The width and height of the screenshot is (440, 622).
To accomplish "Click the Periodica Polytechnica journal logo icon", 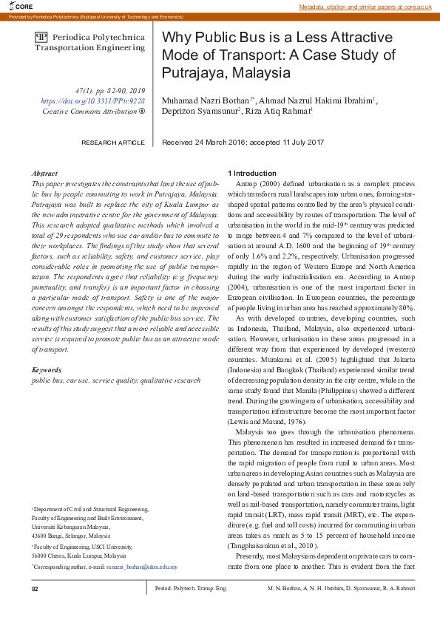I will (x=41, y=36).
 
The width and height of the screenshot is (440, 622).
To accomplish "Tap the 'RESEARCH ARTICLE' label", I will (x=113, y=142).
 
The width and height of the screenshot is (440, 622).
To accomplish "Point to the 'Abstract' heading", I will (x=45, y=172).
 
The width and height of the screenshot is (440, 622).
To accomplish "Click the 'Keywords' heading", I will (x=47, y=369).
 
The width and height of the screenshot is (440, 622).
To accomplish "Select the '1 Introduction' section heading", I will (x=252, y=172).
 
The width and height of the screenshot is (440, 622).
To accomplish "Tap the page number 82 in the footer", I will (x=35, y=589).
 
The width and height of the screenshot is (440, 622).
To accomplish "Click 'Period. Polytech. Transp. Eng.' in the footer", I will (x=191, y=589).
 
